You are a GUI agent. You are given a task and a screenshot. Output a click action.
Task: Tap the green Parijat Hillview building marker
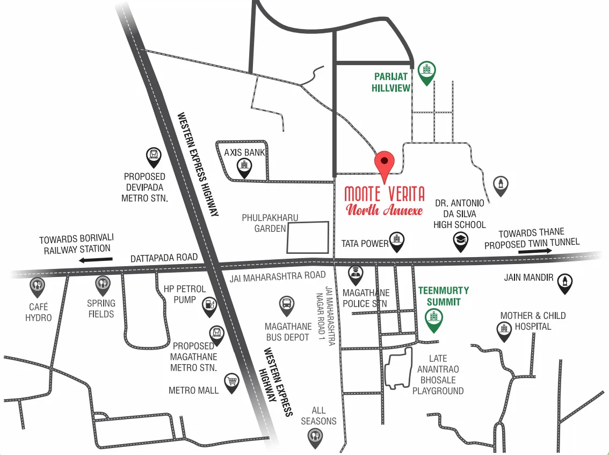click(x=427, y=72)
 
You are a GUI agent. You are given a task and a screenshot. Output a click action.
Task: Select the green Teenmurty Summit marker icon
click(x=434, y=319)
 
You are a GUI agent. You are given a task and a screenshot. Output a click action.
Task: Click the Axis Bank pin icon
click(x=244, y=168)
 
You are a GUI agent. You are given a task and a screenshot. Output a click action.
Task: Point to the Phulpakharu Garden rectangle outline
click(x=308, y=237)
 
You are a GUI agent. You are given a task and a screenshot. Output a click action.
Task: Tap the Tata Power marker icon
click(x=396, y=242)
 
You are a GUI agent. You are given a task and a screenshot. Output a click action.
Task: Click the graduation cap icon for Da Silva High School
click(x=461, y=241)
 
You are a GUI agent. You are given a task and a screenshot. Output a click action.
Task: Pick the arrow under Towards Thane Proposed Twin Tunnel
click(x=535, y=251)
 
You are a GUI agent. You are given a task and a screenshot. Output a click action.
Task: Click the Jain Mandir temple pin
click(x=564, y=282)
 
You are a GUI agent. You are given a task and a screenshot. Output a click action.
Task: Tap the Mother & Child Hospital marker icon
click(x=504, y=330)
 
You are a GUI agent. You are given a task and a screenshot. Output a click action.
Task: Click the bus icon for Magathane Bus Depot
click(x=287, y=305)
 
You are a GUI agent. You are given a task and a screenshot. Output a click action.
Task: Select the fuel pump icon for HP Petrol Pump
click(x=209, y=306)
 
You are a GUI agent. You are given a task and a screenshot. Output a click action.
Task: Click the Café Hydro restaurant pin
click(x=37, y=287)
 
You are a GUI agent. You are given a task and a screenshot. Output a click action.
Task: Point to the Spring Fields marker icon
click(x=103, y=285)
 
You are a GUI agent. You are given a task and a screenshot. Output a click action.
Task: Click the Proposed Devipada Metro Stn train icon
click(x=154, y=157)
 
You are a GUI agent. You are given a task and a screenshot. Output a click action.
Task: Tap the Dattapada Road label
click(x=164, y=258)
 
